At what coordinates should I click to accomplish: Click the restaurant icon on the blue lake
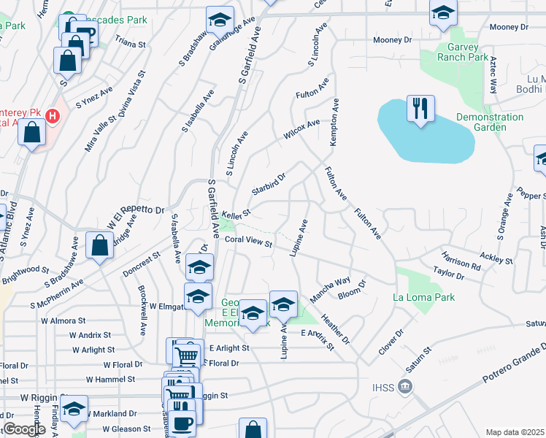[420, 109]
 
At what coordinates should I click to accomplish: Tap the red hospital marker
[53, 115]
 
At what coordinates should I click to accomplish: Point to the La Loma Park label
[423, 297]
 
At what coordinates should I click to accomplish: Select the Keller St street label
[237, 214]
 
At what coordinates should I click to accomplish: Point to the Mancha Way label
[330, 285]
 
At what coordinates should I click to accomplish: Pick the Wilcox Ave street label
[302, 131]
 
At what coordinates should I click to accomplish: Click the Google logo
[24, 429]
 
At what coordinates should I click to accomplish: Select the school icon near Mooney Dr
[442, 15]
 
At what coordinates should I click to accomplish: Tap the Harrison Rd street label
[461, 261]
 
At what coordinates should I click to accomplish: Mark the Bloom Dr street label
[352, 290]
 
